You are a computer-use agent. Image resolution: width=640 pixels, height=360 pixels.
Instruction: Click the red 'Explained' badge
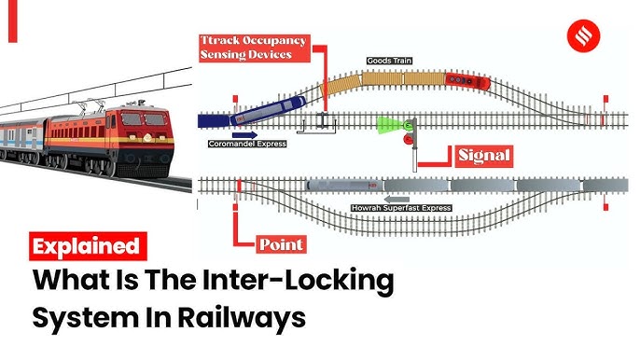click(x=88, y=246)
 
